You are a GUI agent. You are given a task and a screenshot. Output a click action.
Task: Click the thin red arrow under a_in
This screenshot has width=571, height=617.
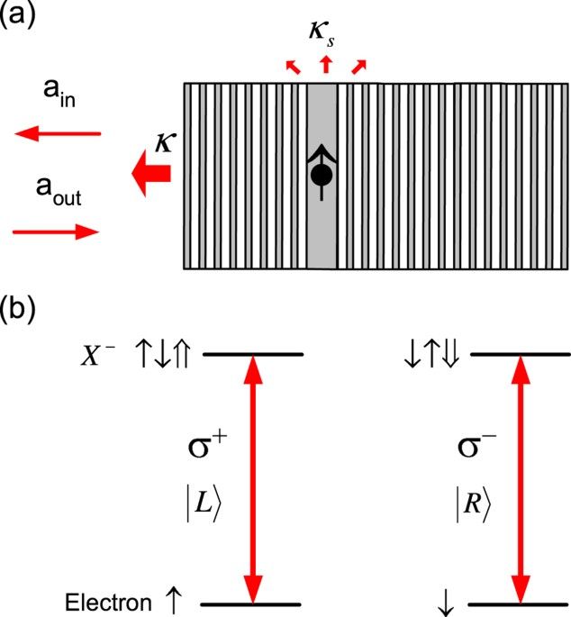click(x=58, y=134)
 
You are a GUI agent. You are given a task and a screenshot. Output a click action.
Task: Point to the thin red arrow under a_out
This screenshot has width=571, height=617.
click(x=56, y=231)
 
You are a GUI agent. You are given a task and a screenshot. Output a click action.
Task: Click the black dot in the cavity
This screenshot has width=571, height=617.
click(x=320, y=176)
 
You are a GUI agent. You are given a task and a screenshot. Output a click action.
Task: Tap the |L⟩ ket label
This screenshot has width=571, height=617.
click(x=201, y=508)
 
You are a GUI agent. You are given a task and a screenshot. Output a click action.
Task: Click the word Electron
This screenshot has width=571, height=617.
click(x=103, y=602)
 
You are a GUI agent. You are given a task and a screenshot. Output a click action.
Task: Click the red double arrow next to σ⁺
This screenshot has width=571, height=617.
click(x=253, y=478)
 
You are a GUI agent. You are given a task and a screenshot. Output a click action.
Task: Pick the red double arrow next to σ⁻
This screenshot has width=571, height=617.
click(x=519, y=478)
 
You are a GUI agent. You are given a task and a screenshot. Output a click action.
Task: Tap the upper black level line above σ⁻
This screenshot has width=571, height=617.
click(x=518, y=353)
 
